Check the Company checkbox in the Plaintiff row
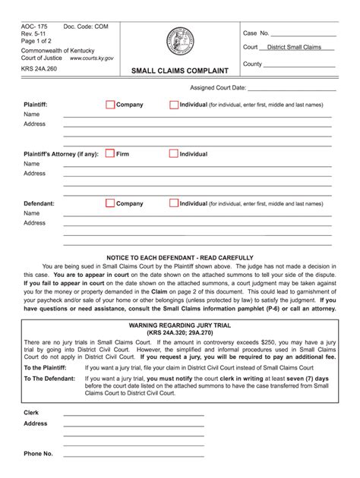110,104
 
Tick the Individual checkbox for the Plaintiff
174,104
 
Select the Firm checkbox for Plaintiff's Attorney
110,153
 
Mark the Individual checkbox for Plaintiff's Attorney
174,153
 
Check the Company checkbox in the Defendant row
110,203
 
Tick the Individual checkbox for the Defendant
174,203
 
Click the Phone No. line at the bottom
133,456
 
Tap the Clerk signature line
133,416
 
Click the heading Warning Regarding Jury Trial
180,324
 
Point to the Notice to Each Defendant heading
180,258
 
